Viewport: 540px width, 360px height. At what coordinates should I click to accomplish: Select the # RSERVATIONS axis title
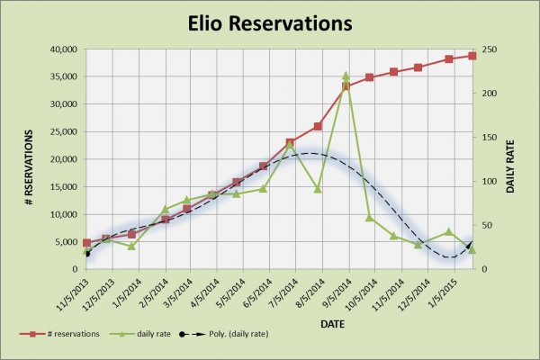tap(29, 158)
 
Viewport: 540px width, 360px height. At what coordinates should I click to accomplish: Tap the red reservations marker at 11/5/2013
tap(86, 243)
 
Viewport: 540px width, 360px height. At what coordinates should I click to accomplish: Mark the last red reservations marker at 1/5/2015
tap(472, 56)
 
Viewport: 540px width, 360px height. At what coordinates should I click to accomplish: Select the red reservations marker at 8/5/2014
tap(318, 127)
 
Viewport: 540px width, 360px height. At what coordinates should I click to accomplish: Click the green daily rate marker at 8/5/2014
tap(318, 189)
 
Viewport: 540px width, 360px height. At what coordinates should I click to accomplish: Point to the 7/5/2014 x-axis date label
tap(283, 290)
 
